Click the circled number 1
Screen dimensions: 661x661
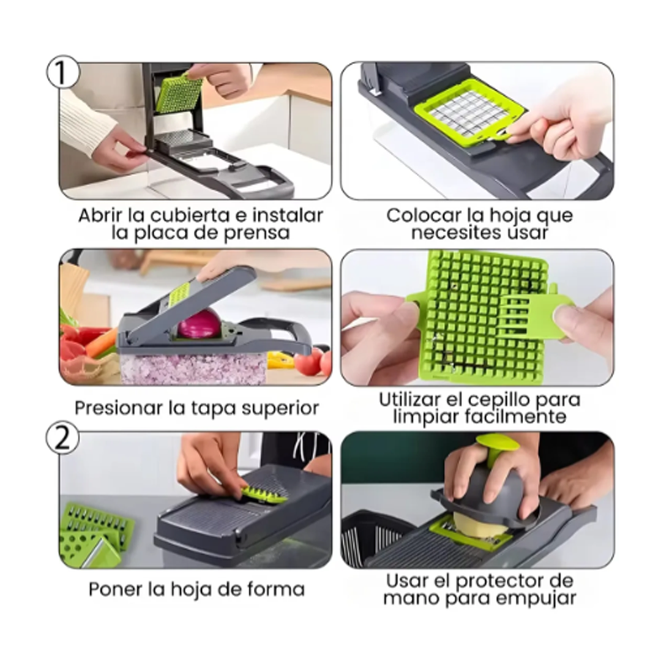(62, 72)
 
